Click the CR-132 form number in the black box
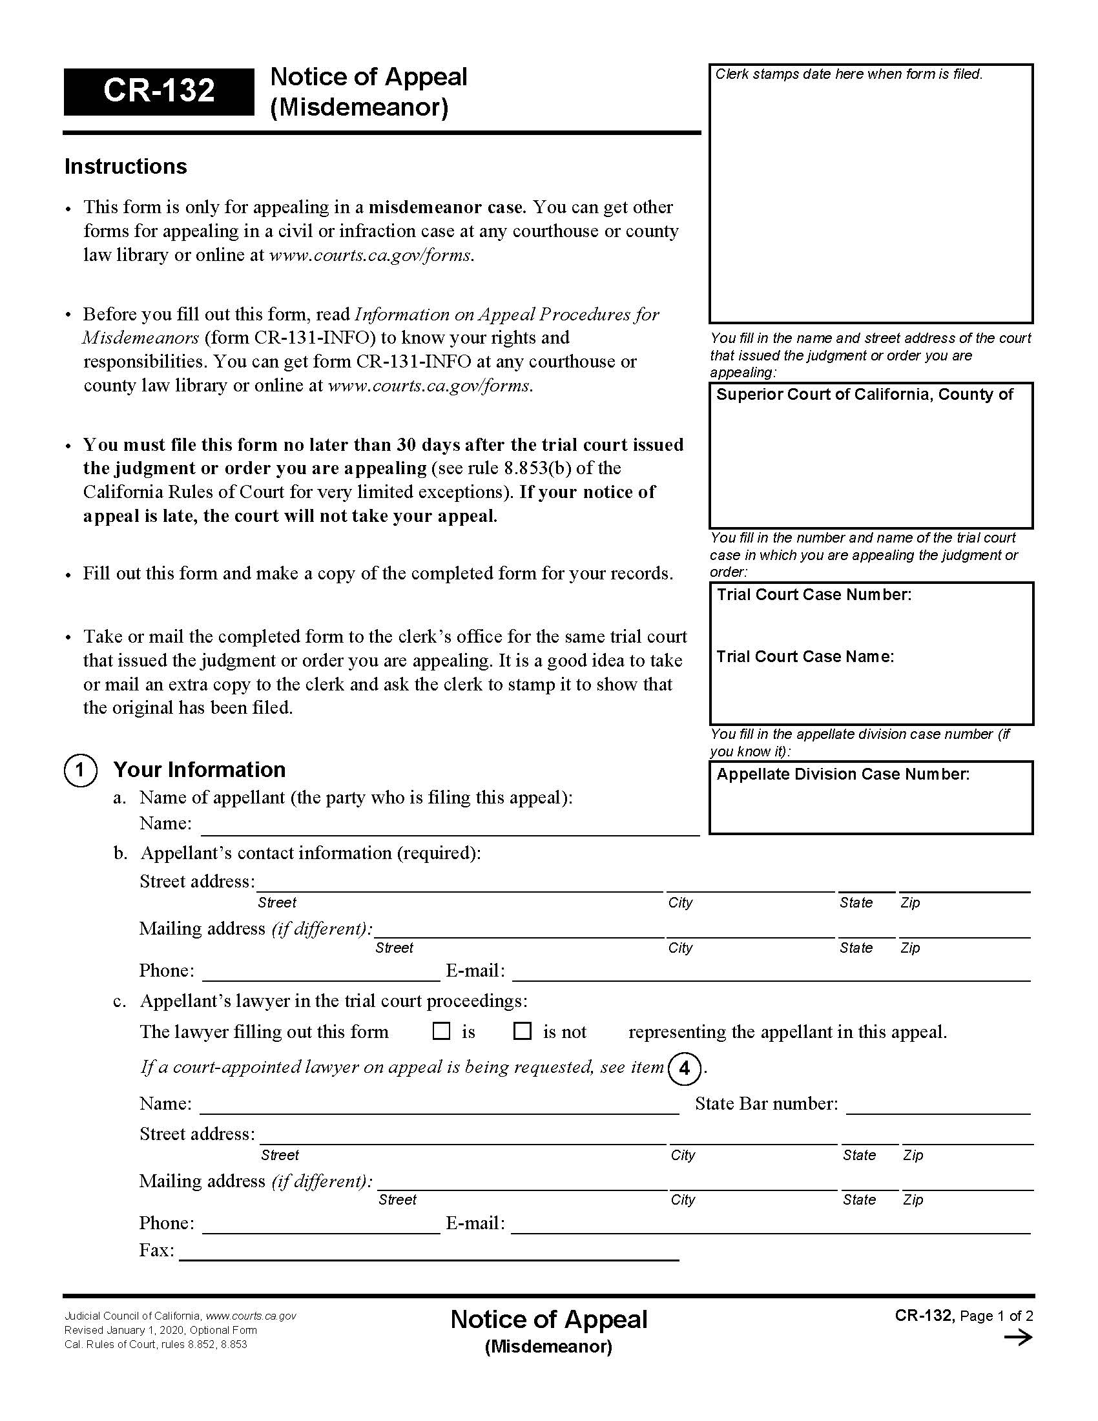159,90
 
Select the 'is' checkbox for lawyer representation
442,1032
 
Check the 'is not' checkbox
523,1032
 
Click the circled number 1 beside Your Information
80,771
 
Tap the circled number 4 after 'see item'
684,1069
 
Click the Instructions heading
125,167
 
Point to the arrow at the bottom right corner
1018,1338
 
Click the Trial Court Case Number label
814,595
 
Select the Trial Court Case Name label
805,656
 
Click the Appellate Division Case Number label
842,774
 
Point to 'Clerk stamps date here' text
848,75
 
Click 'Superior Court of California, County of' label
864,394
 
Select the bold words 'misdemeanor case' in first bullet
446,207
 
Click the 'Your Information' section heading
199,770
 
